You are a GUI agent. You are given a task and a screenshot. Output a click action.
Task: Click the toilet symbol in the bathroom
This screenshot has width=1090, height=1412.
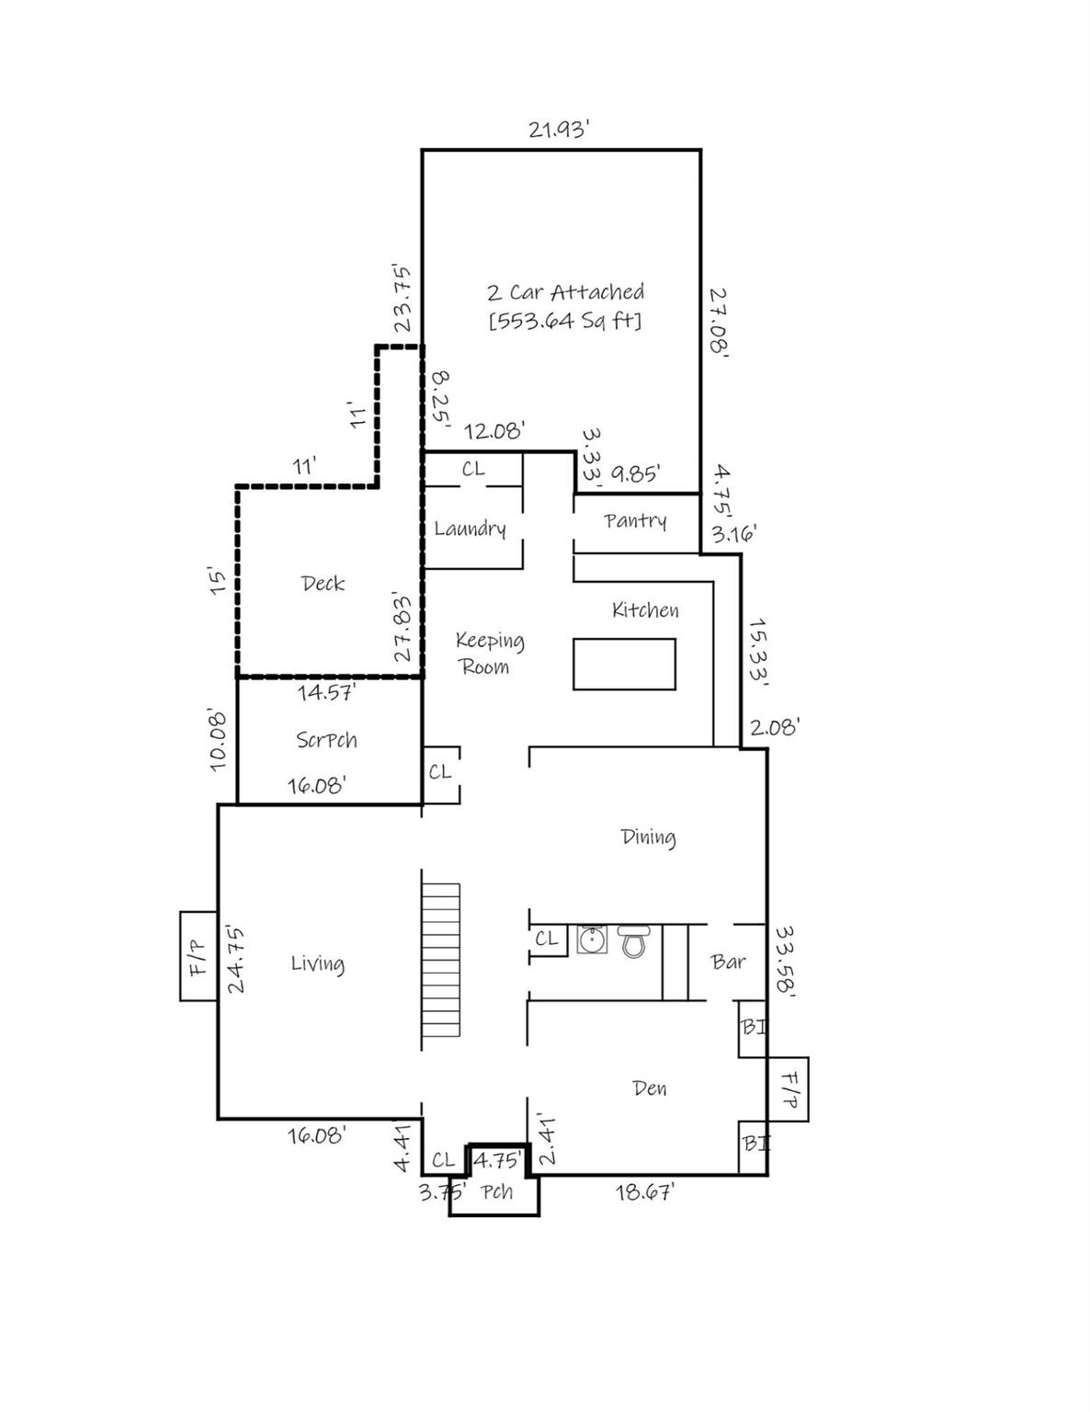633,941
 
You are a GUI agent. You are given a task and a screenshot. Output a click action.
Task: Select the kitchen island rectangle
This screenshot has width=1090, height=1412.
624,664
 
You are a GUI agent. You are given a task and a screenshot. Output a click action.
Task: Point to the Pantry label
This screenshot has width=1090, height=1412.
635,521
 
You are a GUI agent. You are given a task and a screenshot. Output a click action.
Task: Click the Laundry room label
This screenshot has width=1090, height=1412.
470,529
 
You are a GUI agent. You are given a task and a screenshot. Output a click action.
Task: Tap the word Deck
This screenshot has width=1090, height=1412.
323,584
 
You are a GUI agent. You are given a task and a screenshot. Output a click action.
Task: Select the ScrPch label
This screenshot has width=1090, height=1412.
326,740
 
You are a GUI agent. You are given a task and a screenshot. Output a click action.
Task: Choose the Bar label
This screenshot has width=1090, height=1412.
728,962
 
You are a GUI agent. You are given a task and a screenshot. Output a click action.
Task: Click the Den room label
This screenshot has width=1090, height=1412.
649,1088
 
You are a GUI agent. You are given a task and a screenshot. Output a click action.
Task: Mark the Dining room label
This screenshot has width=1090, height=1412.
648,837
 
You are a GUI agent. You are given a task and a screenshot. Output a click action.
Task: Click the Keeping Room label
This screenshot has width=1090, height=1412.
489,654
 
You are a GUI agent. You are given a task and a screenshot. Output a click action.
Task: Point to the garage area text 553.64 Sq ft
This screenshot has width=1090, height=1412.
565,321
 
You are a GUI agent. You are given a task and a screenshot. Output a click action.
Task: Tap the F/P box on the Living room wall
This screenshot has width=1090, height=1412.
198,956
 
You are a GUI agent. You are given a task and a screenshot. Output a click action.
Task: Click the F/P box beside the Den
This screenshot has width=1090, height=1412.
788,1089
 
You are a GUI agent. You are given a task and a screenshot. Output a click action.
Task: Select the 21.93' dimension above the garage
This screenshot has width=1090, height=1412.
558,130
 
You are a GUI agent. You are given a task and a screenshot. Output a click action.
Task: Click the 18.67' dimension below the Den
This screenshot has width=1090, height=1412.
645,1193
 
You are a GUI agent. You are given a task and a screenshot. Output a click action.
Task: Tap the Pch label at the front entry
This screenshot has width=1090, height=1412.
497,1192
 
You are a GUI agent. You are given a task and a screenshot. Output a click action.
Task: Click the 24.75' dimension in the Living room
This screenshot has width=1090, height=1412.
235,959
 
